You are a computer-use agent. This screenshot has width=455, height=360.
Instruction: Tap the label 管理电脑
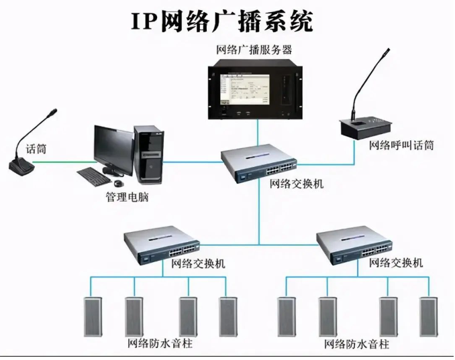point(127,197)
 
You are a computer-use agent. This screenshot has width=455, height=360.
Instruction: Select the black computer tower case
point(149,156)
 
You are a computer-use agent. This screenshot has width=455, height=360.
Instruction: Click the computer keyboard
point(98,176)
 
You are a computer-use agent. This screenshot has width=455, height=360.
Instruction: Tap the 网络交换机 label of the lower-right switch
point(397,262)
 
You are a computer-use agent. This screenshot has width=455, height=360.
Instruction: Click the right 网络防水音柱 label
point(356,345)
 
